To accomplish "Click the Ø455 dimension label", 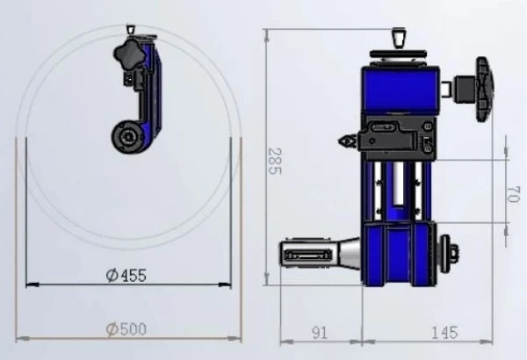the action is (126, 276).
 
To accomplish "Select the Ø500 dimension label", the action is (126, 329).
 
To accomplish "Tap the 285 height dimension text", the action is (275, 162).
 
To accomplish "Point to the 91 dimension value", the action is (320, 333).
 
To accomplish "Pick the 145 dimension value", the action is (444, 333).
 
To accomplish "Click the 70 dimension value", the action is (512, 195).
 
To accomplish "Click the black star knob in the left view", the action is (129, 54).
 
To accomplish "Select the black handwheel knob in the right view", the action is (484, 89).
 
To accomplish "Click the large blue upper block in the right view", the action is (401, 90).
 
